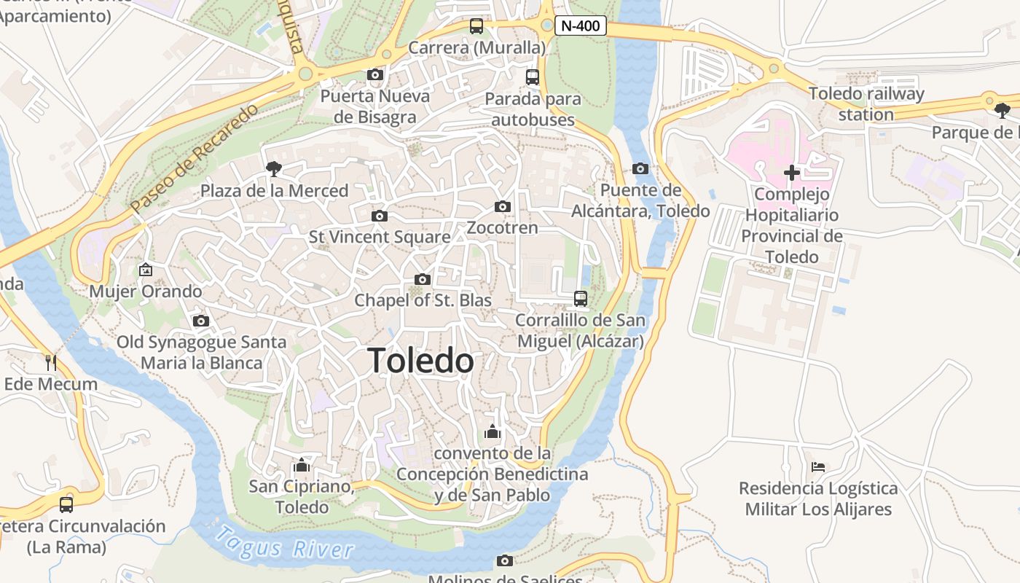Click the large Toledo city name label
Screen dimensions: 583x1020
[x=420, y=361]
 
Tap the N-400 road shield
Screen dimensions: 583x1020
[x=581, y=26]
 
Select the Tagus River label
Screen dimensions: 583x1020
[x=285, y=542]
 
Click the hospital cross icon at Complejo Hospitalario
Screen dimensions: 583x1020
[x=791, y=173]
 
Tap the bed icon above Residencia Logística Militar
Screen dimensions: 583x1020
[x=818, y=466]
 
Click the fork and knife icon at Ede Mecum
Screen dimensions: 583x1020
[x=50, y=362]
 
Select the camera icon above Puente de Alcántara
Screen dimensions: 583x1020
[x=640, y=169]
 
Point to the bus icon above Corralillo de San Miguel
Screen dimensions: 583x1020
[x=581, y=298]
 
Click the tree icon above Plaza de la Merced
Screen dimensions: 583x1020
[x=274, y=169]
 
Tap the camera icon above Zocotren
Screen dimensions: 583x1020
[x=502, y=207]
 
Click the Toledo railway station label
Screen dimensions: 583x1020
[x=866, y=104]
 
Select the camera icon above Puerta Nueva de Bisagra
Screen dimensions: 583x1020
[x=375, y=74]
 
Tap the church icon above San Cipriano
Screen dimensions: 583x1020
[x=301, y=465]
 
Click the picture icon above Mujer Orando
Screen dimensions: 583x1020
[x=145, y=270]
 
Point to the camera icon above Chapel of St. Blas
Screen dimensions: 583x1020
[x=422, y=280]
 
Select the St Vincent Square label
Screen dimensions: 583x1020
[x=380, y=237]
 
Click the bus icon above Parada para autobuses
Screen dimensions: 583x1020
[x=533, y=77]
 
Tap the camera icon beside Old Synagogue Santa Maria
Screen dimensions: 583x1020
[x=201, y=321]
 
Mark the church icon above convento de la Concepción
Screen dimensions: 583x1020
[x=493, y=432]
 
